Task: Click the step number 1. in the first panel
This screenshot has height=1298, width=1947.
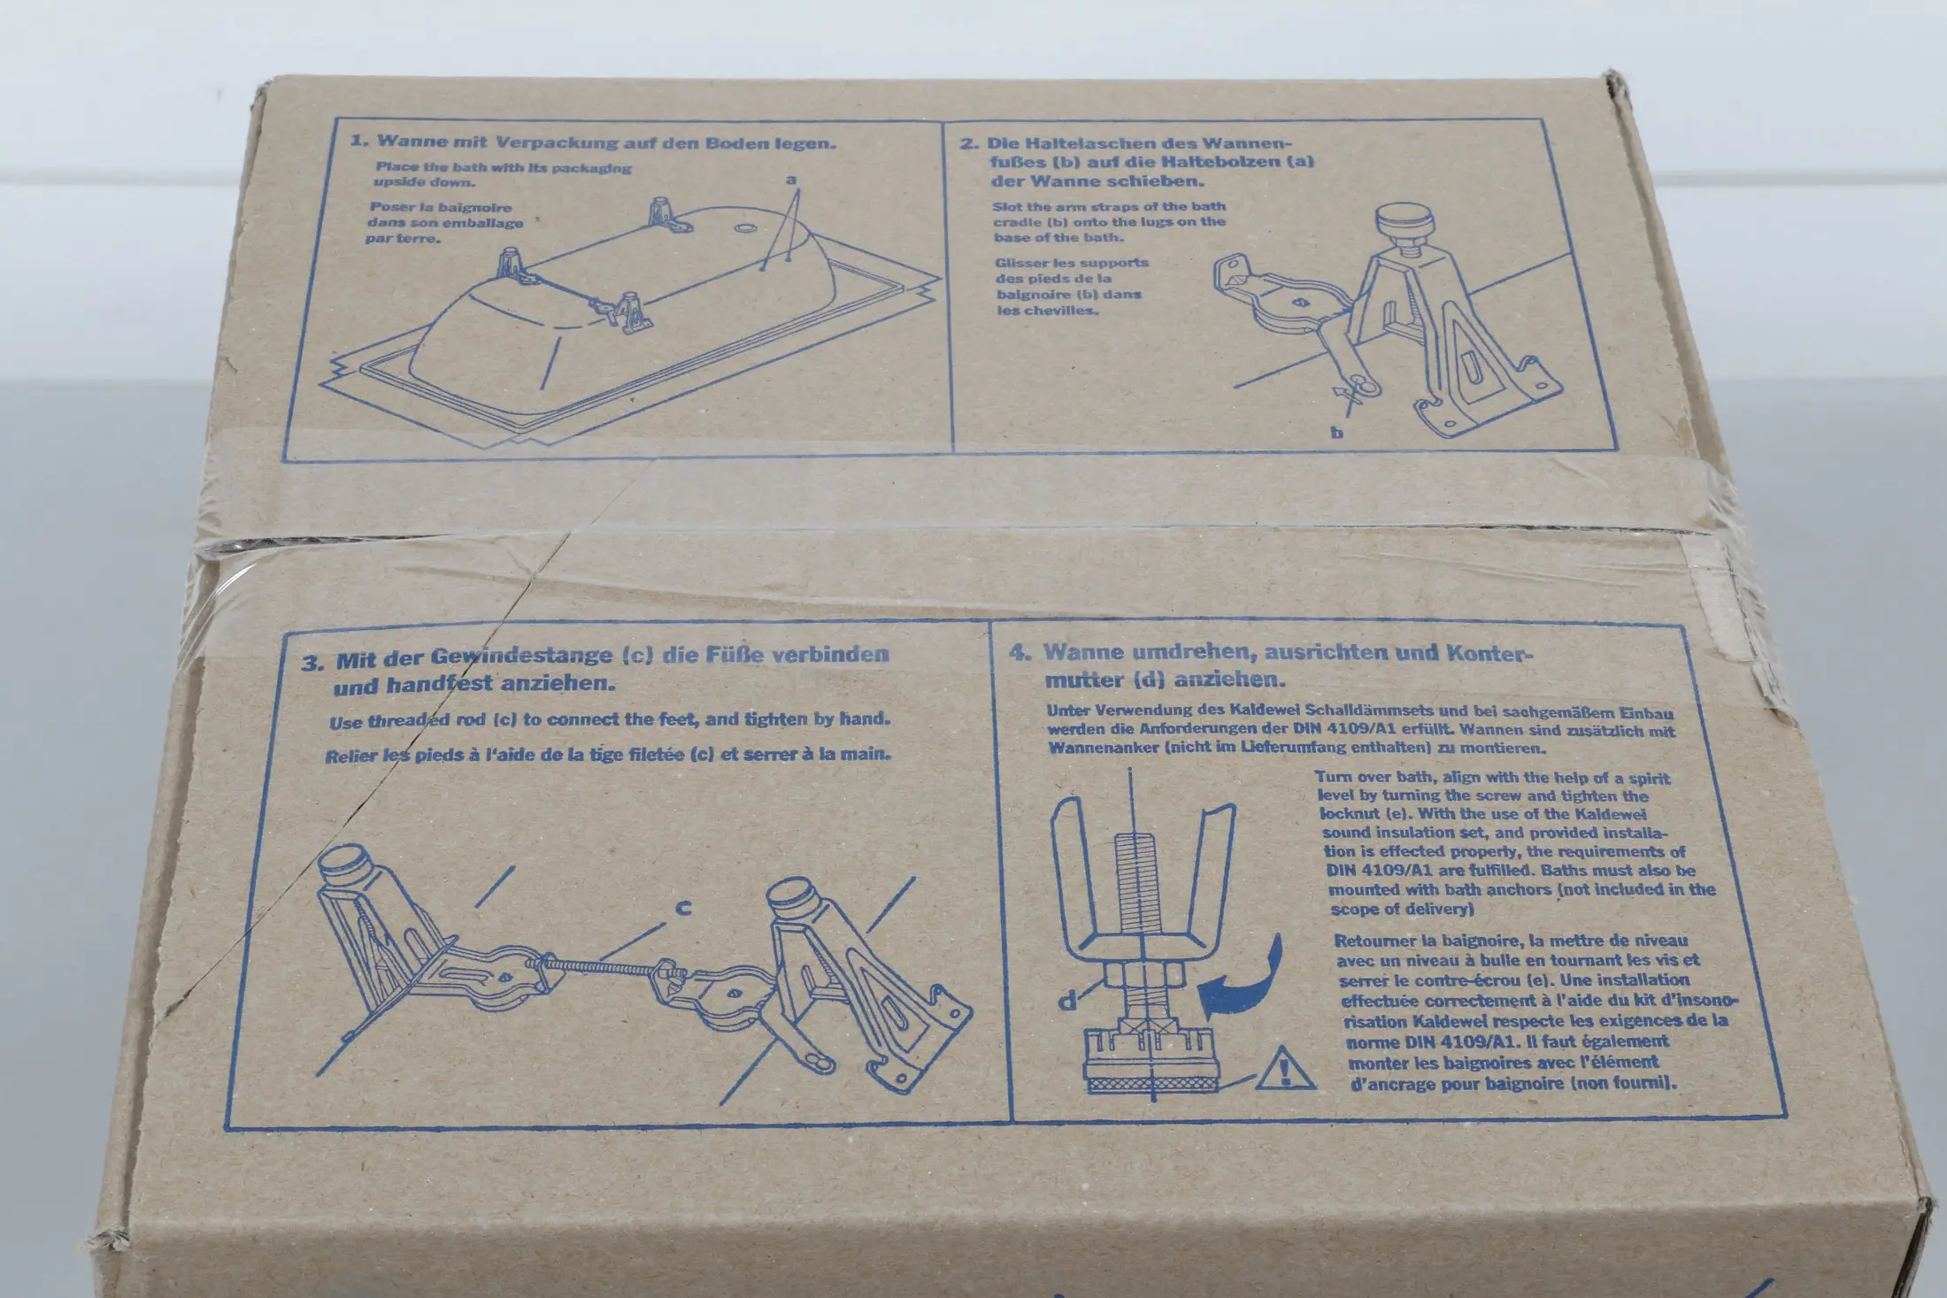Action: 359,141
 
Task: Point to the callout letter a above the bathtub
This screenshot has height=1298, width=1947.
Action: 791,180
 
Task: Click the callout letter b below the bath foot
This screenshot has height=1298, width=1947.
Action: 1337,433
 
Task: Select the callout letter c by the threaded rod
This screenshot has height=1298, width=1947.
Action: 683,908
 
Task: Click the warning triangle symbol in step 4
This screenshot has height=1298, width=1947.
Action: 1286,1068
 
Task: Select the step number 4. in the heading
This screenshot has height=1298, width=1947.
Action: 1020,652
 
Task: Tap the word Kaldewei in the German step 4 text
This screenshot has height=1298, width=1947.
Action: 1265,710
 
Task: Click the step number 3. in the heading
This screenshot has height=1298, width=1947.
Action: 312,663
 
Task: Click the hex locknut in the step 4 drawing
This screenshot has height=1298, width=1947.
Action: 1142,977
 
